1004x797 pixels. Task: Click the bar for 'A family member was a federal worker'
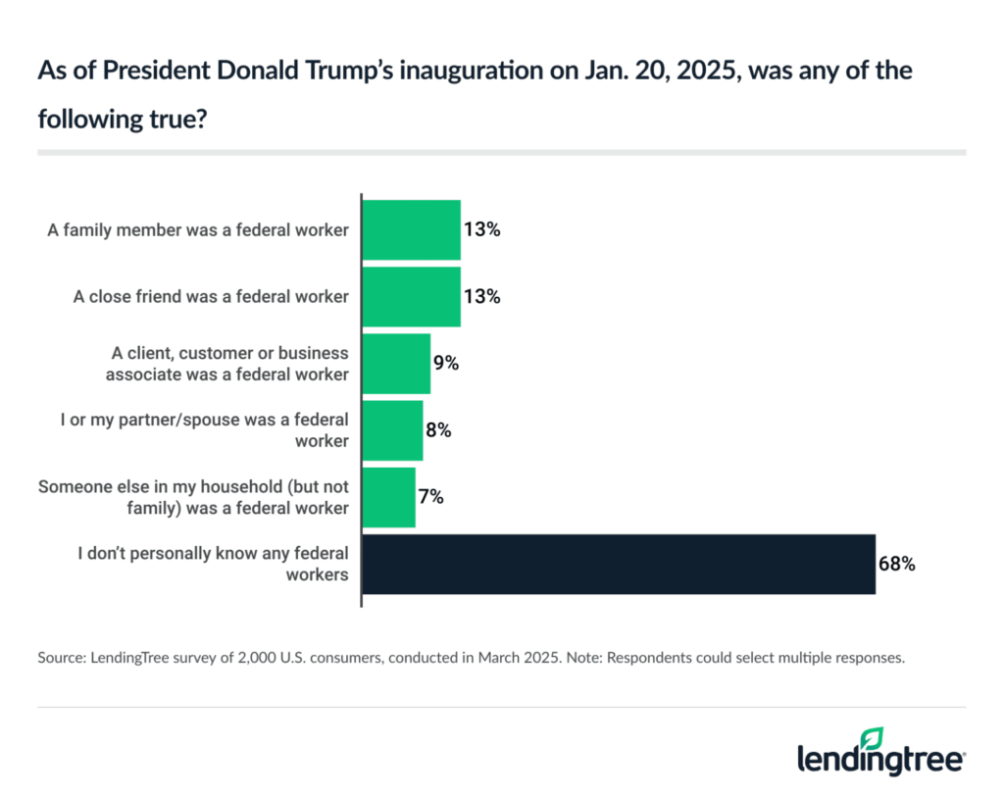[x=412, y=230]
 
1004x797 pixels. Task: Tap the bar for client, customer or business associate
[x=396, y=364]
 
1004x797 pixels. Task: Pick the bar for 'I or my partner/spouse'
[x=392, y=430]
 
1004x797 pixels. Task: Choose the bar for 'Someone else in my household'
[x=389, y=497]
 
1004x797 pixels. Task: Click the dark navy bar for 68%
[x=619, y=564]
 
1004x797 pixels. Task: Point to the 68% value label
[x=897, y=565]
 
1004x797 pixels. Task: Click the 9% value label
[x=446, y=364]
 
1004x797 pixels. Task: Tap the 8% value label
[x=438, y=430]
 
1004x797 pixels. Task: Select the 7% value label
[x=431, y=497]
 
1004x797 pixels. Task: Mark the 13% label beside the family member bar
[x=481, y=230]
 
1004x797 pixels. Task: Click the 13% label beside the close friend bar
[x=481, y=297]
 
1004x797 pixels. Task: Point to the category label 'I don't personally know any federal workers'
[x=213, y=565]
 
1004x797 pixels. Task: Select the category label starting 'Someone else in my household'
[x=193, y=497]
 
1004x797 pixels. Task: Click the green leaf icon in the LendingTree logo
[x=872, y=738]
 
